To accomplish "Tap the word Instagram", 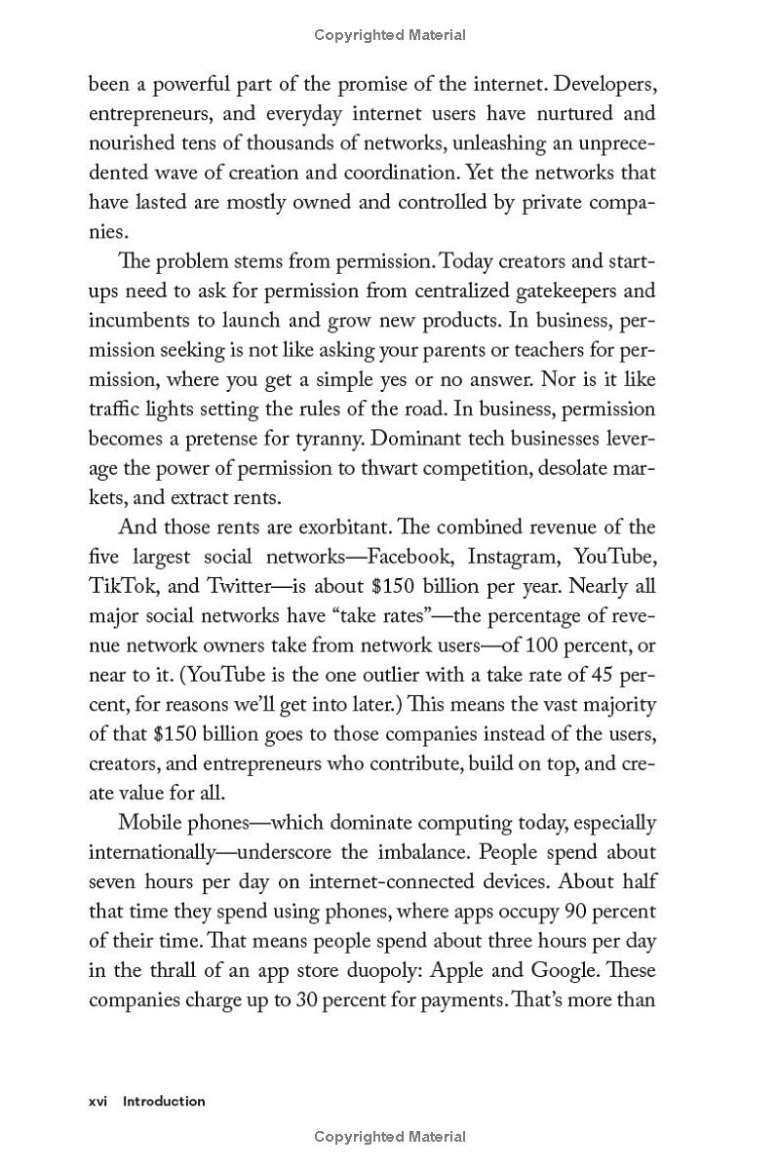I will tap(514, 557).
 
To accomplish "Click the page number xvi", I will tap(97, 1101).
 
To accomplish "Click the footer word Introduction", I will tap(164, 1101).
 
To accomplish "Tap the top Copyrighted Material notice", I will tap(390, 35).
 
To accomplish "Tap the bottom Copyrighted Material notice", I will tap(390, 1137).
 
